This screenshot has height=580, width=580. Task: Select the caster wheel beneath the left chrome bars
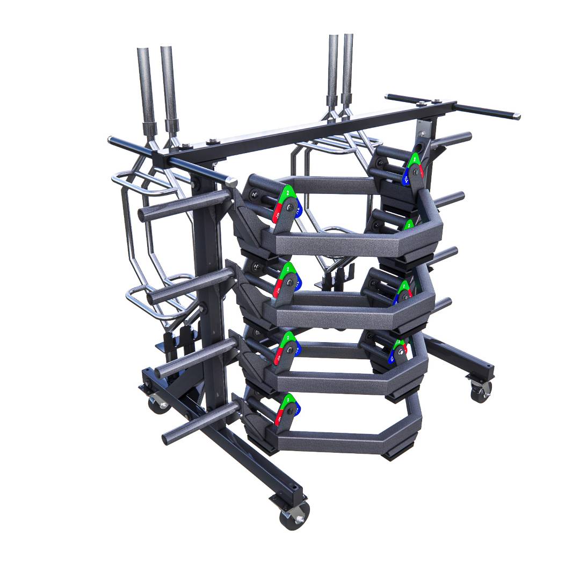point(156,403)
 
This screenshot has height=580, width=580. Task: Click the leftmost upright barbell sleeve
point(146,86)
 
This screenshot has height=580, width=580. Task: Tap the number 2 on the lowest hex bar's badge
point(288,399)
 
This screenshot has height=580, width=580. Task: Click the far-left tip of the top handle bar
point(111,141)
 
